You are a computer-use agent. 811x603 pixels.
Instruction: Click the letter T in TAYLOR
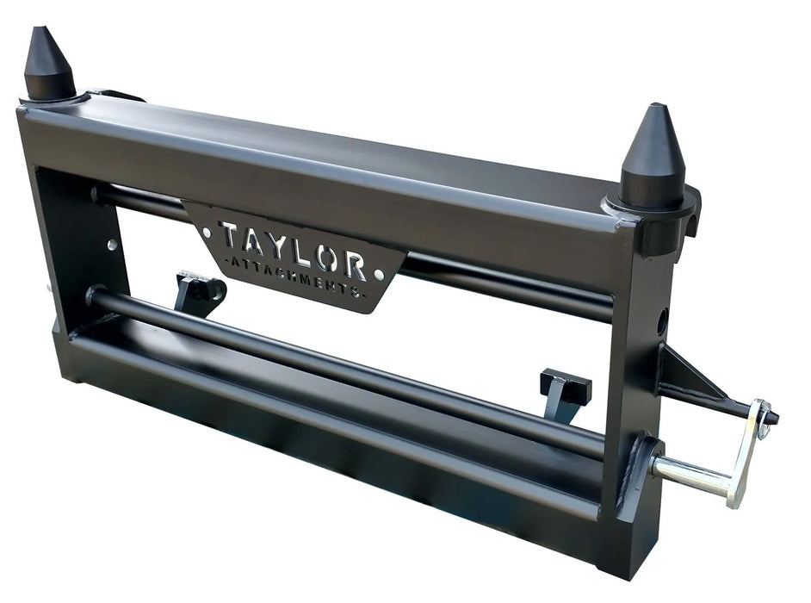click(229, 234)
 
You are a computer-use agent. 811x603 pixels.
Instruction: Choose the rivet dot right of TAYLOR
click(381, 274)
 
